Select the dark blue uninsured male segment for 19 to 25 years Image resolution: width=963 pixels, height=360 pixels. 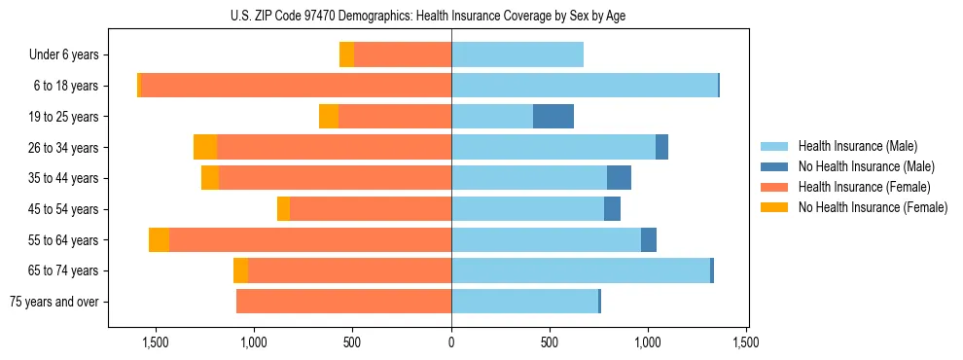(x=553, y=117)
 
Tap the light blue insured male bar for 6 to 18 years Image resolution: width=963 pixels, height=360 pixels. (x=584, y=86)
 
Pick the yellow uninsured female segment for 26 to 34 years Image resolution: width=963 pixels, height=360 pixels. (x=205, y=148)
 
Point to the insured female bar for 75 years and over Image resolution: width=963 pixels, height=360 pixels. (x=343, y=302)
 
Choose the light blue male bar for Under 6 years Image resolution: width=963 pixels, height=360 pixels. (x=517, y=55)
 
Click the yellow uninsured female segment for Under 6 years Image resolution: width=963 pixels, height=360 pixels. (x=346, y=55)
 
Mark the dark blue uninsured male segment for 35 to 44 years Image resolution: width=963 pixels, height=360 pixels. (x=619, y=178)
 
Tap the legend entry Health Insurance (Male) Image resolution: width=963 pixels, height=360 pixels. (x=857, y=146)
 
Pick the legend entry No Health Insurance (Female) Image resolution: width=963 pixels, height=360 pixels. (x=872, y=207)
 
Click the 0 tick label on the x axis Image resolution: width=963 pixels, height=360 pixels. (x=451, y=342)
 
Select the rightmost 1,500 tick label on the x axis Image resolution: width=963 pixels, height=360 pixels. (x=746, y=342)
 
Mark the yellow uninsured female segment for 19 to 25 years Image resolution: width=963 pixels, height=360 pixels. (x=329, y=117)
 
